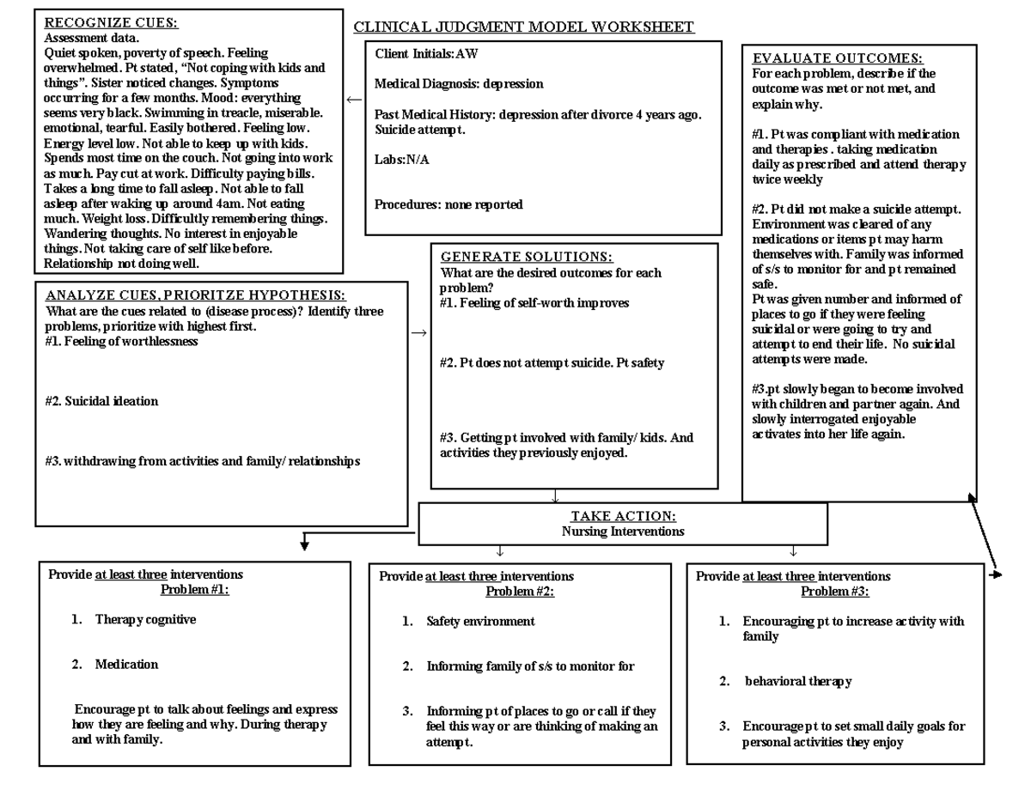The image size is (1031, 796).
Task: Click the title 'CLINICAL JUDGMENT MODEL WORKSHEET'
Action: click(524, 27)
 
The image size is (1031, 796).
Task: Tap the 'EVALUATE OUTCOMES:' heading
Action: click(838, 58)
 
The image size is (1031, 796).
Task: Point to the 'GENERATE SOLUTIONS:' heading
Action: click(527, 258)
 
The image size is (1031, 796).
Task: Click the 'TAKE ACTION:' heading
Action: click(623, 516)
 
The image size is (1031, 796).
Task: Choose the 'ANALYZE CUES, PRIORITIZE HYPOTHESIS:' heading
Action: click(196, 295)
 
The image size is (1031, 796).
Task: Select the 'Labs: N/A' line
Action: click(402, 160)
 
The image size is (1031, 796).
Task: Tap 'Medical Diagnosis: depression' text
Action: click(459, 84)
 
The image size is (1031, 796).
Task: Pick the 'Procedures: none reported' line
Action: click(448, 204)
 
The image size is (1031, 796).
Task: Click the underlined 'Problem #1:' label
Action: click(195, 590)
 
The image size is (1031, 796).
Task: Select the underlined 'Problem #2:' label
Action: click(520, 592)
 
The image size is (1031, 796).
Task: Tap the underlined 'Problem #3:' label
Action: click(835, 592)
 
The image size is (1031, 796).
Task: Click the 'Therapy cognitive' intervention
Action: click(145, 619)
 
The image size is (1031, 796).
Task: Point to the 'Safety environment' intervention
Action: click(480, 621)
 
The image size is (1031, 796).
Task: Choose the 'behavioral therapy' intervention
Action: click(798, 681)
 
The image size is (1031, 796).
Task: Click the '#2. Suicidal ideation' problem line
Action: click(101, 401)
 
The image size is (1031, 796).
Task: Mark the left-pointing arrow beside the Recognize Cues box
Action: click(354, 100)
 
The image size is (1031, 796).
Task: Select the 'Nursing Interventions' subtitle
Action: click(623, 532)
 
